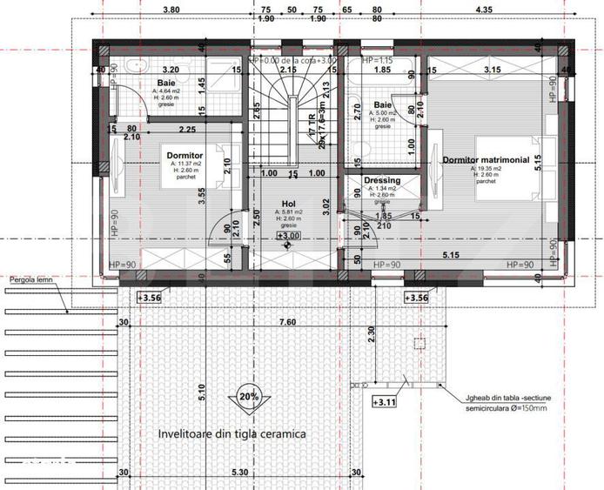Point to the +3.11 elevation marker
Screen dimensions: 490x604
(x=384, y=402)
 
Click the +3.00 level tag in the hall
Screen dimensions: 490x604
(x=288, y=235)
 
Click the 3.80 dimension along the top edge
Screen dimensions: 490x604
(x=171, y=10)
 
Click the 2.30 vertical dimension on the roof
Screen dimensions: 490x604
(x=372, y=332)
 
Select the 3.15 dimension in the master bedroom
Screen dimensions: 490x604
(x=493, y=70)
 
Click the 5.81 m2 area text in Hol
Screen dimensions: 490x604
(x=288, y=211)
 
